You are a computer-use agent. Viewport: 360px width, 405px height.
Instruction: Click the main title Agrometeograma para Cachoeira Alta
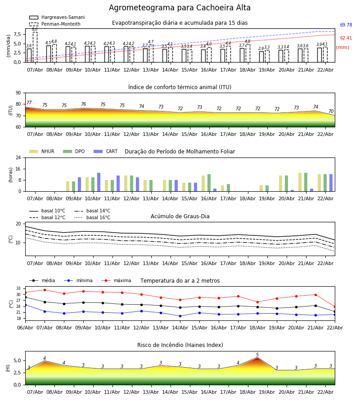click(x=180, y=8)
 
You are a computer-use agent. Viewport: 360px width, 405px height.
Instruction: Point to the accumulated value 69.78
click(x=346, y=25)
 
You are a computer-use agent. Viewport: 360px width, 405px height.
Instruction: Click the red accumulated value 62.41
click(x=346, y=38)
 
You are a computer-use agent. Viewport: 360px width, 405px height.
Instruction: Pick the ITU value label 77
click(x=29, y=103)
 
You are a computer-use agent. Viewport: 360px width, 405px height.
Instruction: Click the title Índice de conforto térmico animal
click(x=180, y=87)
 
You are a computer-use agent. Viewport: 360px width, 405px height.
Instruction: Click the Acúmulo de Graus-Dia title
click(x=180, y=216)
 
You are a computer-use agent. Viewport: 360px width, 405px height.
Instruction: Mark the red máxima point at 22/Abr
click(x=334, y=306)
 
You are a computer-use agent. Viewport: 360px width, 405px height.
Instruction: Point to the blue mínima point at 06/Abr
click(x=25, y=305)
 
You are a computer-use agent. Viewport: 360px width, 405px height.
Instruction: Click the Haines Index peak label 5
click(x=257, y=355)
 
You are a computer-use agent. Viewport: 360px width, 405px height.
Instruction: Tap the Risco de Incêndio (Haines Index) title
click(x=180, y=345)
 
